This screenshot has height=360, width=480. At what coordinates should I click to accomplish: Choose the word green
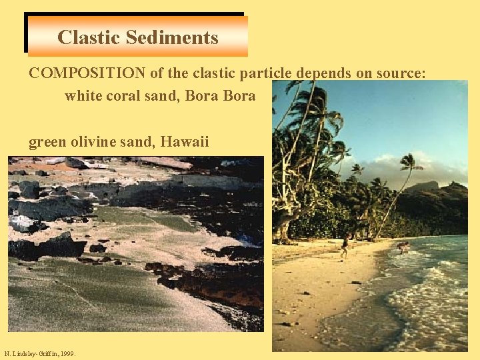tap(47, 141)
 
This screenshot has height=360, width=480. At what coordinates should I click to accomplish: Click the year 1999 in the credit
tap(67, 353)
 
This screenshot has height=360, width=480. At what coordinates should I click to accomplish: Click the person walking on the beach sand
tap(345, 246)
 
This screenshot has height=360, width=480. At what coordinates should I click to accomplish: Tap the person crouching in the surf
tap(403, 247)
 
